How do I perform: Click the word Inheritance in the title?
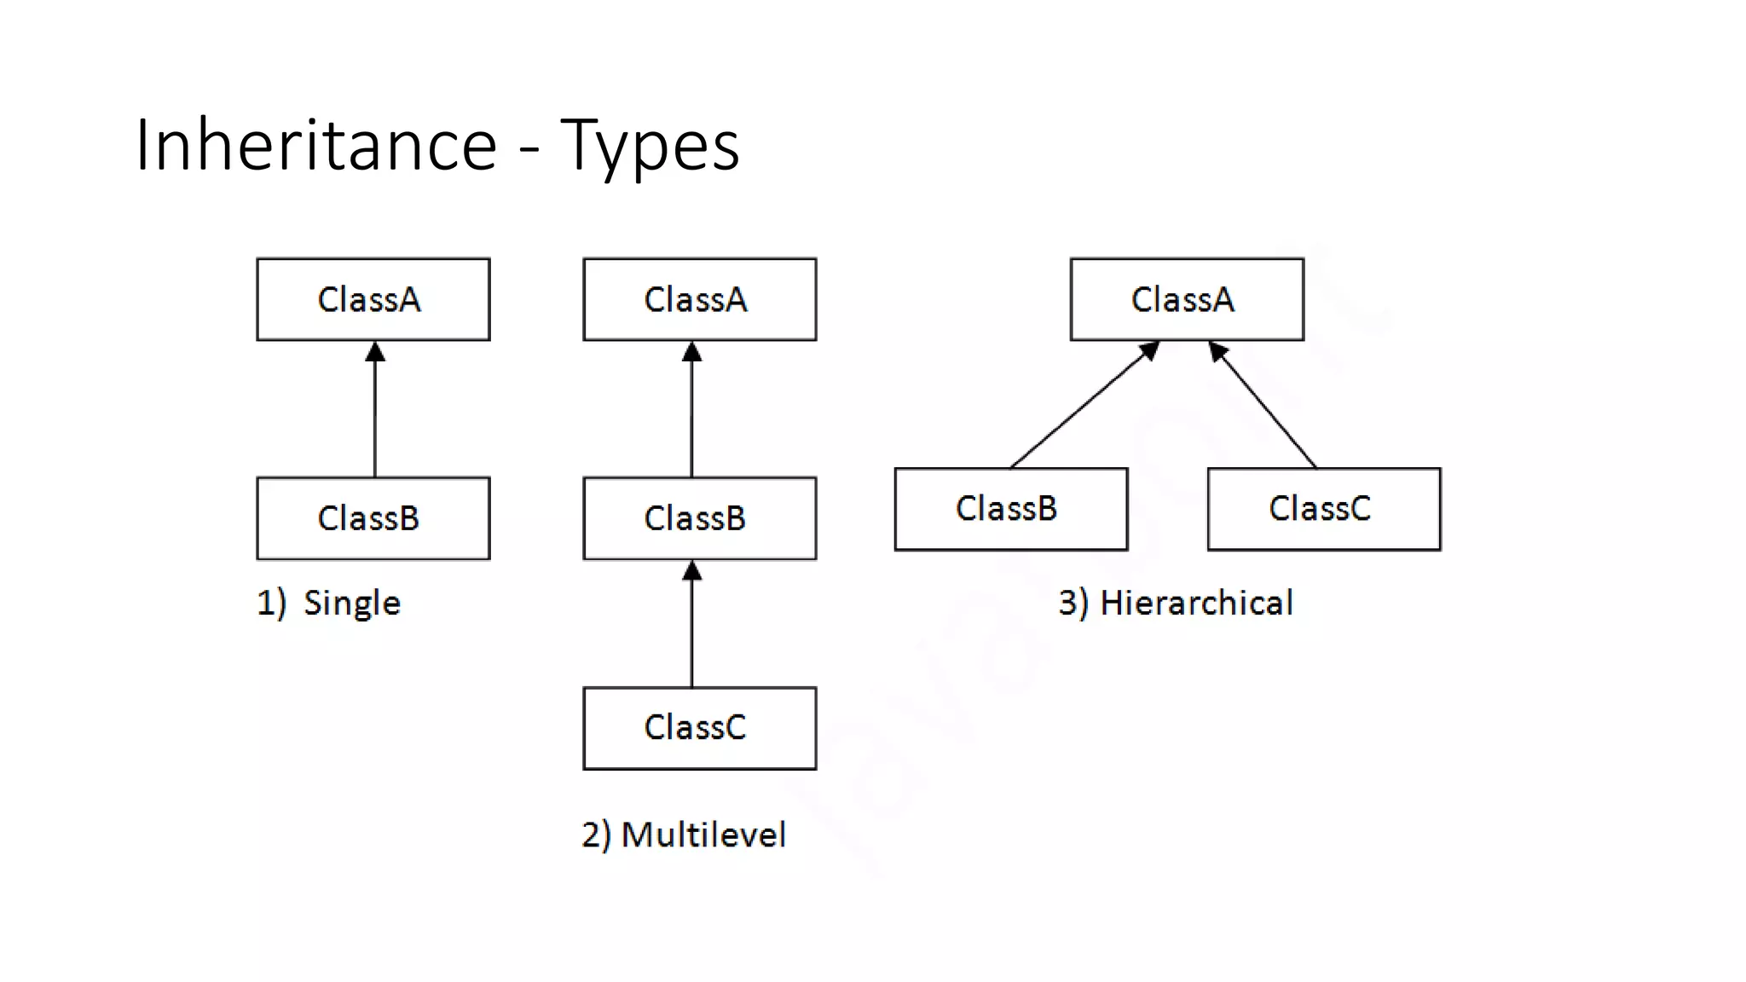point(315,145)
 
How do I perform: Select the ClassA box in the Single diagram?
point(373,299)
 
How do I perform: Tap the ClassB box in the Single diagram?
point(373,517)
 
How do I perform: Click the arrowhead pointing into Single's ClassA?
point(375,352)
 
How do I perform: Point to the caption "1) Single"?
point(329,603)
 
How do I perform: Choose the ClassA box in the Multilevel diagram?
point(699,299)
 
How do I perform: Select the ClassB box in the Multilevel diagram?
point(699,517)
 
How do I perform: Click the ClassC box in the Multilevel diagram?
point(699,728)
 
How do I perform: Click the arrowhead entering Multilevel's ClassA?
point(692,352)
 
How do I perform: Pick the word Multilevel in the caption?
point(703,835)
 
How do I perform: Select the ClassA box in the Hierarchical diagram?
point(1187,299)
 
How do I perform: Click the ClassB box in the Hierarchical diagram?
point(1011,509)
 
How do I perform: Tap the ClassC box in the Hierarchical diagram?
point(1324,509)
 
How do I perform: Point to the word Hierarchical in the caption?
point(1196,603)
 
